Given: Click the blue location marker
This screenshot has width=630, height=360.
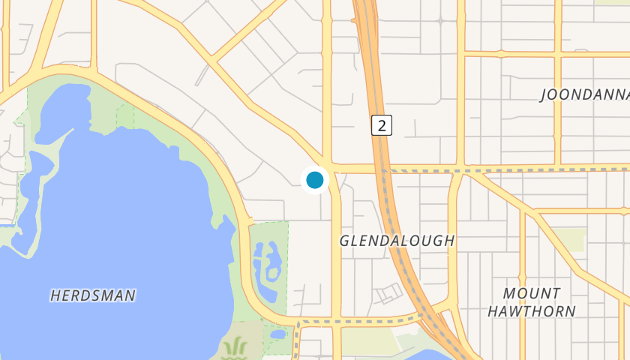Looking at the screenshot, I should pos(315,180).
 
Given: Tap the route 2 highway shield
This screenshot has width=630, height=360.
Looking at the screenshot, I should pos(382,125).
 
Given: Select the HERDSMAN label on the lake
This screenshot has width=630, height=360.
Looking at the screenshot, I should pos(93,295).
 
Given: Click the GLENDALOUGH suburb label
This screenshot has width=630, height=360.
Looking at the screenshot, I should pos(397,241).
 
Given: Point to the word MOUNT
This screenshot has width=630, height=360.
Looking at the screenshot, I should pos(531,293).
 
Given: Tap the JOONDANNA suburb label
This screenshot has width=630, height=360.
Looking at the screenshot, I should pos(584,95).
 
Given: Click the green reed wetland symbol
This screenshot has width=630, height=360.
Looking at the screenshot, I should pos(235,347).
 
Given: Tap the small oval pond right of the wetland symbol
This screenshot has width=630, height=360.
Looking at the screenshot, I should pos(277,334).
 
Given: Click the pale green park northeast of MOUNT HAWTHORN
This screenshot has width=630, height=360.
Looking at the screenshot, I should pos(572,239).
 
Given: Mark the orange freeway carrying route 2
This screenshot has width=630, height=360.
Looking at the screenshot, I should pos(392,217).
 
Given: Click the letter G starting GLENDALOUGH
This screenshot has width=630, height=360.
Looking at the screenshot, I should pos(345,241).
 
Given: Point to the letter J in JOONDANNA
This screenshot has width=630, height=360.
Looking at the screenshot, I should pos(544,96).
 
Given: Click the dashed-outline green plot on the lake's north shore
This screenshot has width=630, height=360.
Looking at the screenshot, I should pos(125,115).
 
